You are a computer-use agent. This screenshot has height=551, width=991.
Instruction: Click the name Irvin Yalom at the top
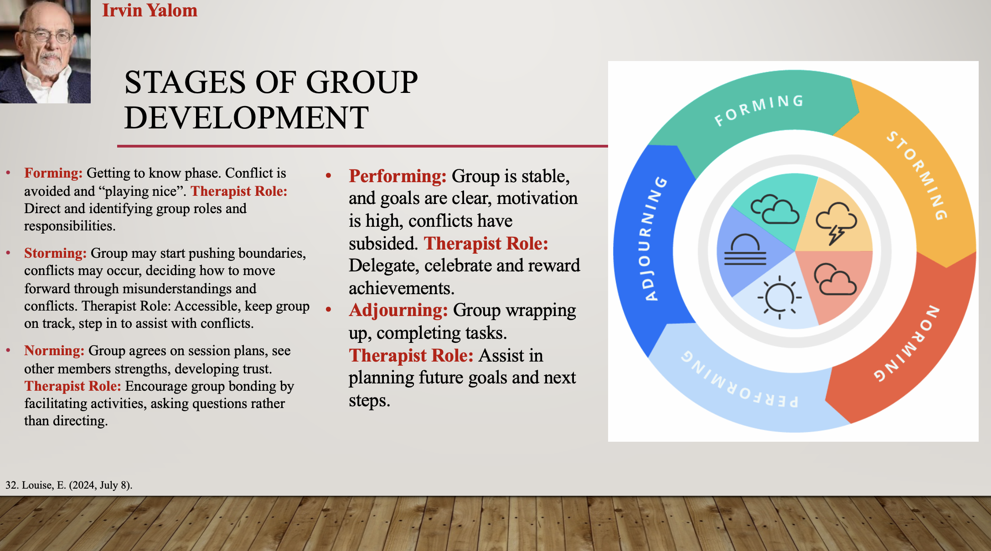pos(150,10)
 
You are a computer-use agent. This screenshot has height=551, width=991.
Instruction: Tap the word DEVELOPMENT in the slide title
pos(246,117)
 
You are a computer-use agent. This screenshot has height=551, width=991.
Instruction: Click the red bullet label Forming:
pos(53,173)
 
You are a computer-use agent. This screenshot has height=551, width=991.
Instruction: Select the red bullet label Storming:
pos(55,253)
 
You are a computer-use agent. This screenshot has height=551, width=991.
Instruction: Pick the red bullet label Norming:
pos(54,351)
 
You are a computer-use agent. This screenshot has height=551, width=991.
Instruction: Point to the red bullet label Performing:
pos(397,176)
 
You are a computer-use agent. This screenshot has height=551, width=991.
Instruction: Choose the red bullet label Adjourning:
pos(398,310)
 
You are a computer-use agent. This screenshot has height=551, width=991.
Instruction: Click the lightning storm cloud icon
pos(836,223)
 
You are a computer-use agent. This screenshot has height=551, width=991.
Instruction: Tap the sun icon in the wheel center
pos(779,297)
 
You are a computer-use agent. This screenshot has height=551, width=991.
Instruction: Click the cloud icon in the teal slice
pos(775,209)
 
